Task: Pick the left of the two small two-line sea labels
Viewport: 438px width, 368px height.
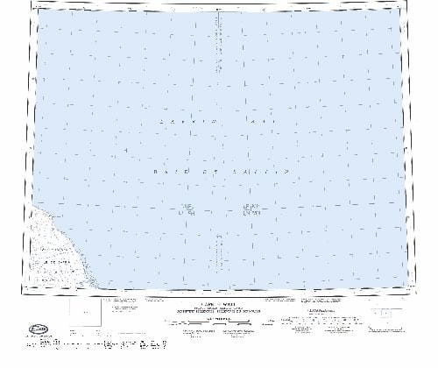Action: (186, 209)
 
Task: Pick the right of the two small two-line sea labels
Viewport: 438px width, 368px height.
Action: (251, 209)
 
